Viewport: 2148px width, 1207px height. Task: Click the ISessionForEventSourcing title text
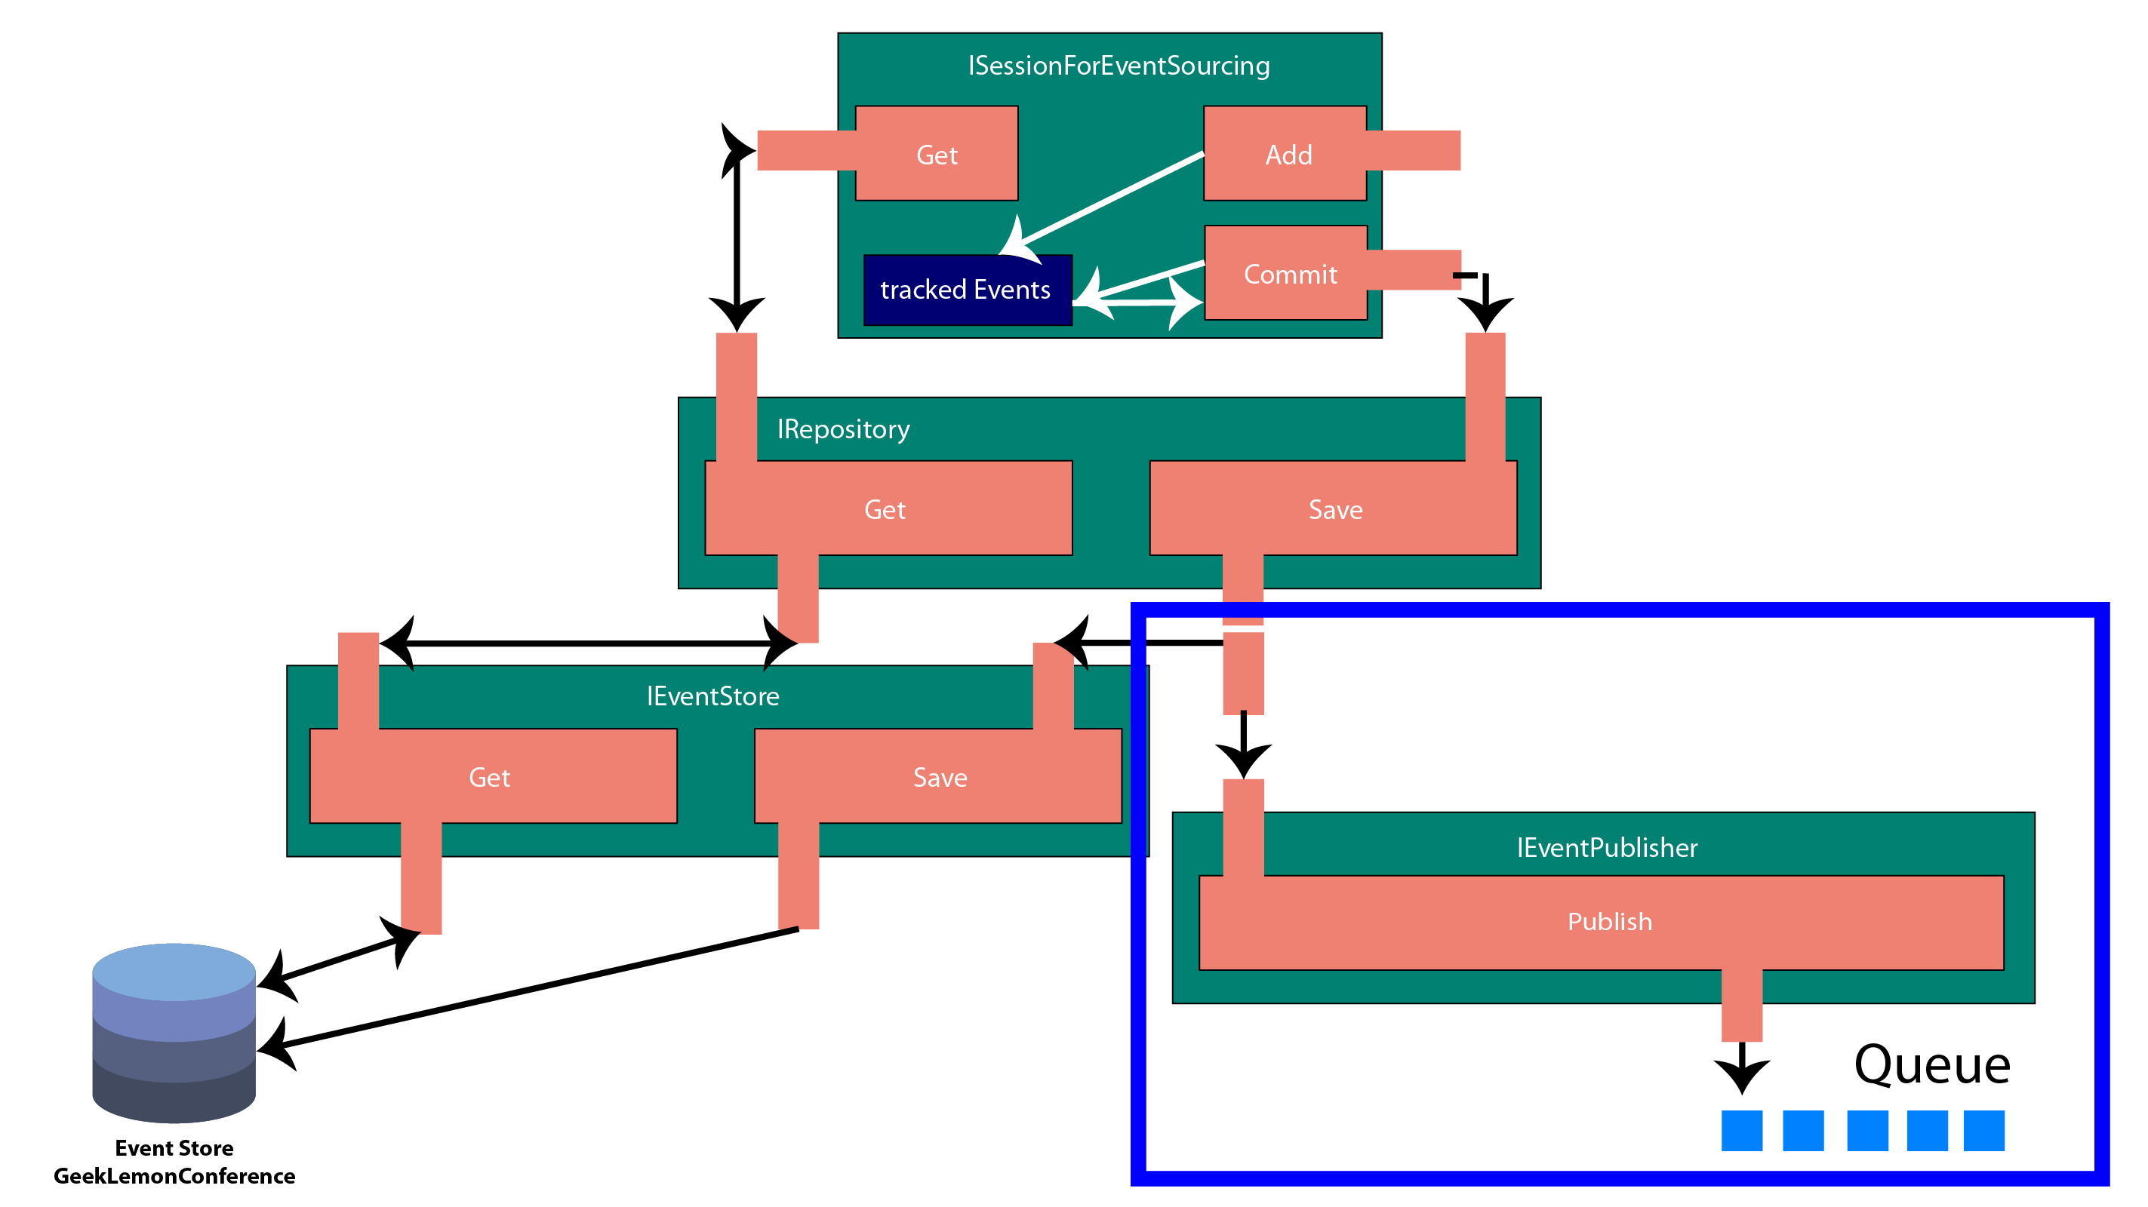point(1119,66)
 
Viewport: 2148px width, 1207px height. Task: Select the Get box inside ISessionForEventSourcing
point(937,153)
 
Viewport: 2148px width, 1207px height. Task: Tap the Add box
point(1285,153)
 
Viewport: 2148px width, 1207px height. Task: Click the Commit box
point(1286,272)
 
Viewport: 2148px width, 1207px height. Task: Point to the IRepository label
point(843,429)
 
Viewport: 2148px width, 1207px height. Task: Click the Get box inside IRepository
point(888,508)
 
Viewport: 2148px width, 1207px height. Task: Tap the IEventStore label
point(713,696)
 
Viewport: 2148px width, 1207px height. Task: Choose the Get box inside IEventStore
point(493,776)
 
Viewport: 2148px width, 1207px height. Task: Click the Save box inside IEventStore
point(937,776)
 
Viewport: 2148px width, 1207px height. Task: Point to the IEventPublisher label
point(1607,848)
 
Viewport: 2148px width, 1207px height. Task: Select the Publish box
point(1601,923)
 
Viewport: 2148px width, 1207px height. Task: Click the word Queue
point(1932,1065)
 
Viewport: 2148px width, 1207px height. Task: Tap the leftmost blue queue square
point(1742,1130)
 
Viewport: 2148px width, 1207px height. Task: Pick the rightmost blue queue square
point(1983,1130)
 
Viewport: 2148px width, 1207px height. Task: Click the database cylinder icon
point(174,1033)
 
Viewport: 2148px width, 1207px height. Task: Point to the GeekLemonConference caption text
point(174,1176)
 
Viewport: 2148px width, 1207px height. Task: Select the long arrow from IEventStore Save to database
point(527,987)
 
